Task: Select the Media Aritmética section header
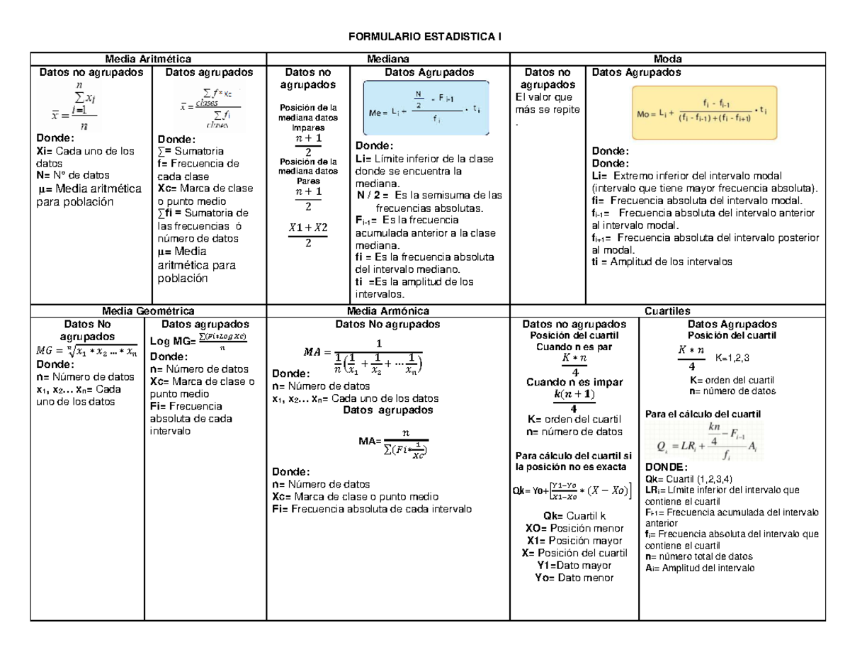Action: coord(148,60)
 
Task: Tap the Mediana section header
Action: coord(387,60)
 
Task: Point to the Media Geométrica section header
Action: coord(148,310)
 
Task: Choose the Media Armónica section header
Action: coord(387,310)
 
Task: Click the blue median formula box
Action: coord(426,108)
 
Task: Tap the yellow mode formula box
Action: coord(704,113)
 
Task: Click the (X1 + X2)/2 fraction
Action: coord(307,235)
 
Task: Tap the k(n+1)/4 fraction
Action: coord(574,401)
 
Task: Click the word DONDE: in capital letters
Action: coord(667,467)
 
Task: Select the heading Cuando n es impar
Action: coord(574,382)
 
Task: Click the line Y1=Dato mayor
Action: coord(574,565)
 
